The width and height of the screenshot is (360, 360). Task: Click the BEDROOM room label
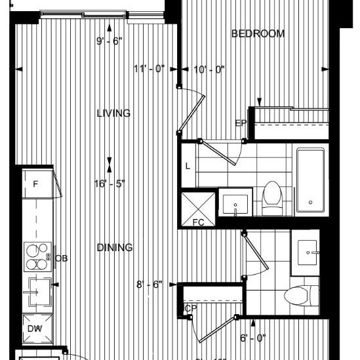(258, 34)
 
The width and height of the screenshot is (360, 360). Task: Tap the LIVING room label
(113, 113)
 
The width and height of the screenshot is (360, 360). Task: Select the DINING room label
(115, 248)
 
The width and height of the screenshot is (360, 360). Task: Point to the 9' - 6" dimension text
(110, 41)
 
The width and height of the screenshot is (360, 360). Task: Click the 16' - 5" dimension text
(110, 184)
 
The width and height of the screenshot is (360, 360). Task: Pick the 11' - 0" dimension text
(150, 68)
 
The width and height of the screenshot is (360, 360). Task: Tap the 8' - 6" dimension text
(150, 285)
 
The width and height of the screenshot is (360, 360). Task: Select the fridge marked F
(36, 184)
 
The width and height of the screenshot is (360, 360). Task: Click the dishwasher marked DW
(34, 329)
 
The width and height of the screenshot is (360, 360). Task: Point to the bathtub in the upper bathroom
(311, 180)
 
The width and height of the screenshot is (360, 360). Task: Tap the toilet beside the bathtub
(271, 197)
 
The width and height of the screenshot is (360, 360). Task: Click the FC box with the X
(198, 209)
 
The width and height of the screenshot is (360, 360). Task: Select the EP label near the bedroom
(241, 123)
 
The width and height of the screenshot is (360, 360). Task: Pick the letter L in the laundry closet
(188, 167)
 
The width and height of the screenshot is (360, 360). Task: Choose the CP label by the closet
(191, 308)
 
